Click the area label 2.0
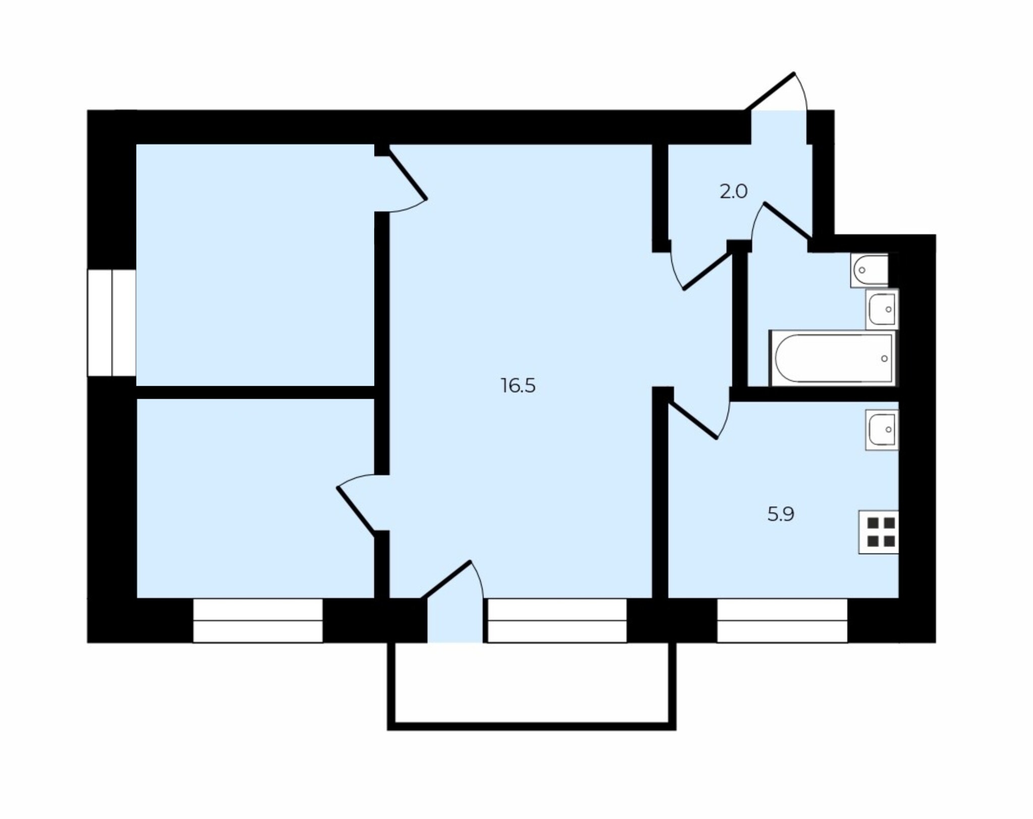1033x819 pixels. click(x=733, y=192)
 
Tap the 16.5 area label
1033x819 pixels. click(x=518, y=386)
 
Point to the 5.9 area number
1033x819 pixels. click(x=781, y=514)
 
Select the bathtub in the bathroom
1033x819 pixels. click(x=833, y=358)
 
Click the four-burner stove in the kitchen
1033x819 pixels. click(x=879, y=532)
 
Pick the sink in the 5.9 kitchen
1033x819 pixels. click(x=882, y=429)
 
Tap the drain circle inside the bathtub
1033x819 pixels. click(x=884, y=358)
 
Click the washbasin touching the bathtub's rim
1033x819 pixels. click(x=882, y=309)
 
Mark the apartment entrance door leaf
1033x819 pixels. click(x=770, y=91)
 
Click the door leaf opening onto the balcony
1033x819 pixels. click(x=446, y=579)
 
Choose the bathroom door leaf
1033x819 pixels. click(x=787, y=221)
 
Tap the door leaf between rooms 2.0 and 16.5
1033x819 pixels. click(x=707, y=271)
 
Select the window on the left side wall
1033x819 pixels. click(x=111, y=323)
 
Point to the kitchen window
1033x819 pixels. click(x=782, y=620)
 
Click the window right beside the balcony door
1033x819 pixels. click(x=557, y=620)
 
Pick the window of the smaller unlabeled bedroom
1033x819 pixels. click(x=258, y=620)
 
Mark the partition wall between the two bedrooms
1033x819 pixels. click(x=255, y=392)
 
